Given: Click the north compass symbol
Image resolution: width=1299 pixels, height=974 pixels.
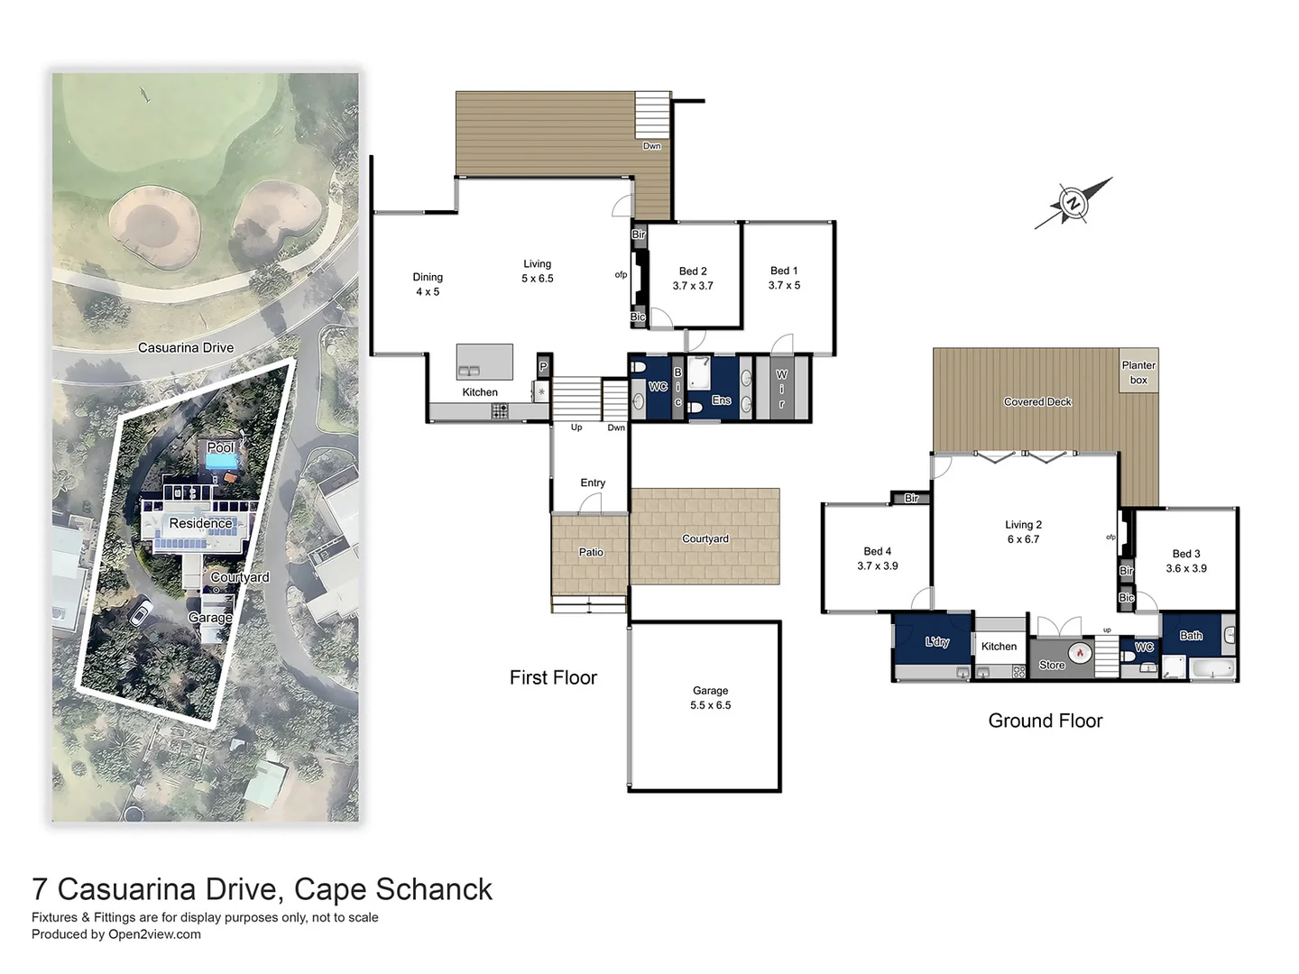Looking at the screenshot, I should pos(1073,203).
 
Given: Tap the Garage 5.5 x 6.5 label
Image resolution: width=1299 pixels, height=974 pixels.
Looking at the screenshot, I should pos(710,698).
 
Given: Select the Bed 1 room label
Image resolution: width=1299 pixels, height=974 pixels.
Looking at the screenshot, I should pos(784,278).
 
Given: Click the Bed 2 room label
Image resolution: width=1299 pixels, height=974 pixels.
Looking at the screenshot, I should pos(693,279).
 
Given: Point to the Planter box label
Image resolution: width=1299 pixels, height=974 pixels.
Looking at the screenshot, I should pos(1138,372).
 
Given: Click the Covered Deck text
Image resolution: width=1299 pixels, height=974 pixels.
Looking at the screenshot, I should pos(1037,402).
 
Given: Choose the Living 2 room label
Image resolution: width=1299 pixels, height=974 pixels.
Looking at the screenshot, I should pos(1023,532).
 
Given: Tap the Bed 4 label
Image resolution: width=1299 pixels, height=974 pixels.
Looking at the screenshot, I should pos(877,558).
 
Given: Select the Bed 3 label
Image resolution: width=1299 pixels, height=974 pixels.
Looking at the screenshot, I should pos(1185,561).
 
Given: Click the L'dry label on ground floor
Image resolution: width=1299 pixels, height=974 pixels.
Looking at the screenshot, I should pos(937,642).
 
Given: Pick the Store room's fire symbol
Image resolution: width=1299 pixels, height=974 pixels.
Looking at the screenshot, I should pos(1079,653).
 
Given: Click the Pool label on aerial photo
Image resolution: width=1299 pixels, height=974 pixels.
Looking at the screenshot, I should pos(220,447).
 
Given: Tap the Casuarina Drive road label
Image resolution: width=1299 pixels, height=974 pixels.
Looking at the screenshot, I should pos(186,348).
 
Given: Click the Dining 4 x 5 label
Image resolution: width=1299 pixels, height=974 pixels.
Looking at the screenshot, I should pos(428,284).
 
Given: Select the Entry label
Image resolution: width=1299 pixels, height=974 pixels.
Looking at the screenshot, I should pos(593,483).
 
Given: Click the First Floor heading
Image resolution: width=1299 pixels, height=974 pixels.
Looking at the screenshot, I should pos(553,678).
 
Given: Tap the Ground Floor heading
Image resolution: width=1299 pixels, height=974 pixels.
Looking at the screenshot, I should pos(1045,721).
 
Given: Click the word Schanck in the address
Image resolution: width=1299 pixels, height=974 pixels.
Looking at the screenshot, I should pos(434,889).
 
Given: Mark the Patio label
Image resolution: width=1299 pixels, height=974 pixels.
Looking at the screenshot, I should pos(591,553).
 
